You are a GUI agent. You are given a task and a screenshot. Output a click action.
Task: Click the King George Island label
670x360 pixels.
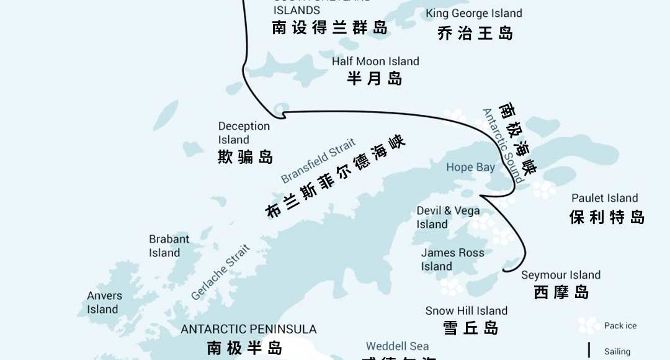(x=473, y=13)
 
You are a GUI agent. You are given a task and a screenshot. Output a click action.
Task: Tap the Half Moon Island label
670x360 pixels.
(x=375, y=61)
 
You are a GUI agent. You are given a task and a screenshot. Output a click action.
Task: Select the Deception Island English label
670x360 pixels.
(x=244, y=133)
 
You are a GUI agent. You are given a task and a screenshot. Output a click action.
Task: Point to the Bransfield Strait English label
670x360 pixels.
(x=318, y=161)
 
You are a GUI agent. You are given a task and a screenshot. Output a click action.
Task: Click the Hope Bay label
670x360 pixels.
(x=470, y=167)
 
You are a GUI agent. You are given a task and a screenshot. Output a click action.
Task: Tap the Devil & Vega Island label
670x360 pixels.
(x=448, y=217)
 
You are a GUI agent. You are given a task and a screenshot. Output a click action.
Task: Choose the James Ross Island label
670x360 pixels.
(x=452, y=259)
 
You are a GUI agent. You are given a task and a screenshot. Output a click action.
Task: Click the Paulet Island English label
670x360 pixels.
(x=604, y=198)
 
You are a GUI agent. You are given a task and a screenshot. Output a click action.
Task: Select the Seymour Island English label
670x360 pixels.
(x=560, y=275)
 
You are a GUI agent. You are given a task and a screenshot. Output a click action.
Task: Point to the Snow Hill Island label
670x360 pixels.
(x=466, y=311)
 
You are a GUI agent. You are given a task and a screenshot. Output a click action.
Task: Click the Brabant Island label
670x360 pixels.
(x=169, y=246)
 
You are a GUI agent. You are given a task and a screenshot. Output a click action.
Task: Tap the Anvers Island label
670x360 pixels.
(x=104, y=302)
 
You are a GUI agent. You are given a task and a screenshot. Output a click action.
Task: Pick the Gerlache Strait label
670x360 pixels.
(x=220, y=272)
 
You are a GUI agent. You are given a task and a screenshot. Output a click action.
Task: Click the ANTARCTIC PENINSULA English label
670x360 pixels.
(x=248, y=329)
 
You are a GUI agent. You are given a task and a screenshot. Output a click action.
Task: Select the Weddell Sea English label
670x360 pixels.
(x=397, y=346)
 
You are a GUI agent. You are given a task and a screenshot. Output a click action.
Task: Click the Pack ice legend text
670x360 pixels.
(x=620, y=326)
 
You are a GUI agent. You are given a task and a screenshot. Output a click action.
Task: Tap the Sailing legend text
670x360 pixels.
(x=617, y=351)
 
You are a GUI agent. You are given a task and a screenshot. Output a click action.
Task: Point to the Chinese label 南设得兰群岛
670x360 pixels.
(x=329, y=28)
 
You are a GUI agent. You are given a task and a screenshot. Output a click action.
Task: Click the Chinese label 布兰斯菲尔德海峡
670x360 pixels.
(x=334, y=177)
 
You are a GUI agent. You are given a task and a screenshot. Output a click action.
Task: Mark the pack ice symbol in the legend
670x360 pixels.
(x=588, y=325)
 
